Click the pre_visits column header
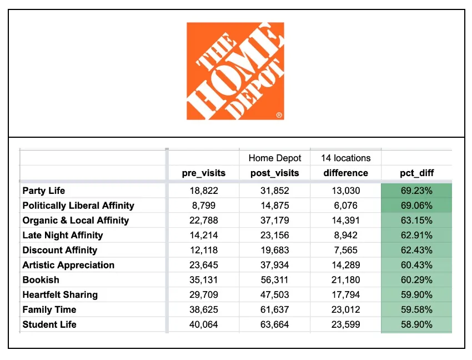pos(204,173)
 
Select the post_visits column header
pos(274,173)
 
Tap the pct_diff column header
pos(416,173)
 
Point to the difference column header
pos(345,173)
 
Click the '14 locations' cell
pos(345,158)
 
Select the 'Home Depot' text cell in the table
pos(274,158)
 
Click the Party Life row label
pos(44,191)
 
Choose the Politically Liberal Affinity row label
pos(78,206)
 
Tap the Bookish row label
pos(41,280)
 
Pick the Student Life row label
pos(49,324)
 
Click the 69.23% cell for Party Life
pos(416,191)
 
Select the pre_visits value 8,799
pos(204,206)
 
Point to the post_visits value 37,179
pos(274,221)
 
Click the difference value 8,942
pos(345,236)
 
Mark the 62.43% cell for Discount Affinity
pos(416,250)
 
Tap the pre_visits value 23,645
pos(204,265)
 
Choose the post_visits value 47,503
pos(274,295)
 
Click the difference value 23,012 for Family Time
pos(345,309)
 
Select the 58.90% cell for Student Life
pos(416,324)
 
